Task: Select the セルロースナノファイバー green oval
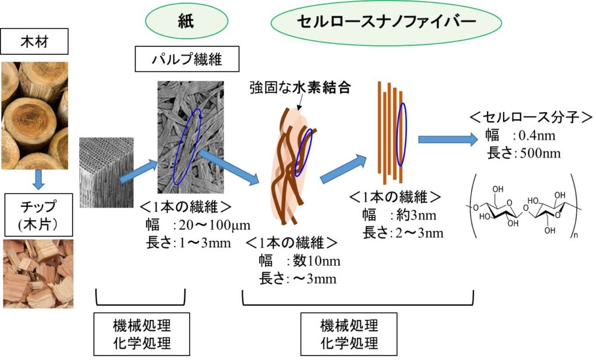386,22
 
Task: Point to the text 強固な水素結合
300,88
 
